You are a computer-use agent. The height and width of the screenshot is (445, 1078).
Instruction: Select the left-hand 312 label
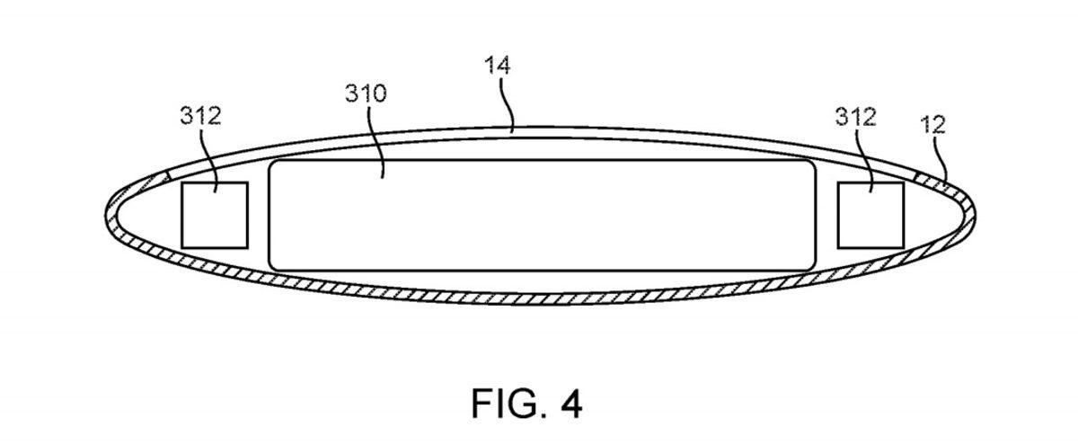(200, 116)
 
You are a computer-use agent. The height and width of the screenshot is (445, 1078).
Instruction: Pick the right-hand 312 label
(854, 116)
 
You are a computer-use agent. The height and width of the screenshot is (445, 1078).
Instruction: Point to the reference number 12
(934, 125)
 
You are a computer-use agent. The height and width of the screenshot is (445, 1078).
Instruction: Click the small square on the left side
(216, 214)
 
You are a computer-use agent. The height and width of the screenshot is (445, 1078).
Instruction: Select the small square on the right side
(870, 214)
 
